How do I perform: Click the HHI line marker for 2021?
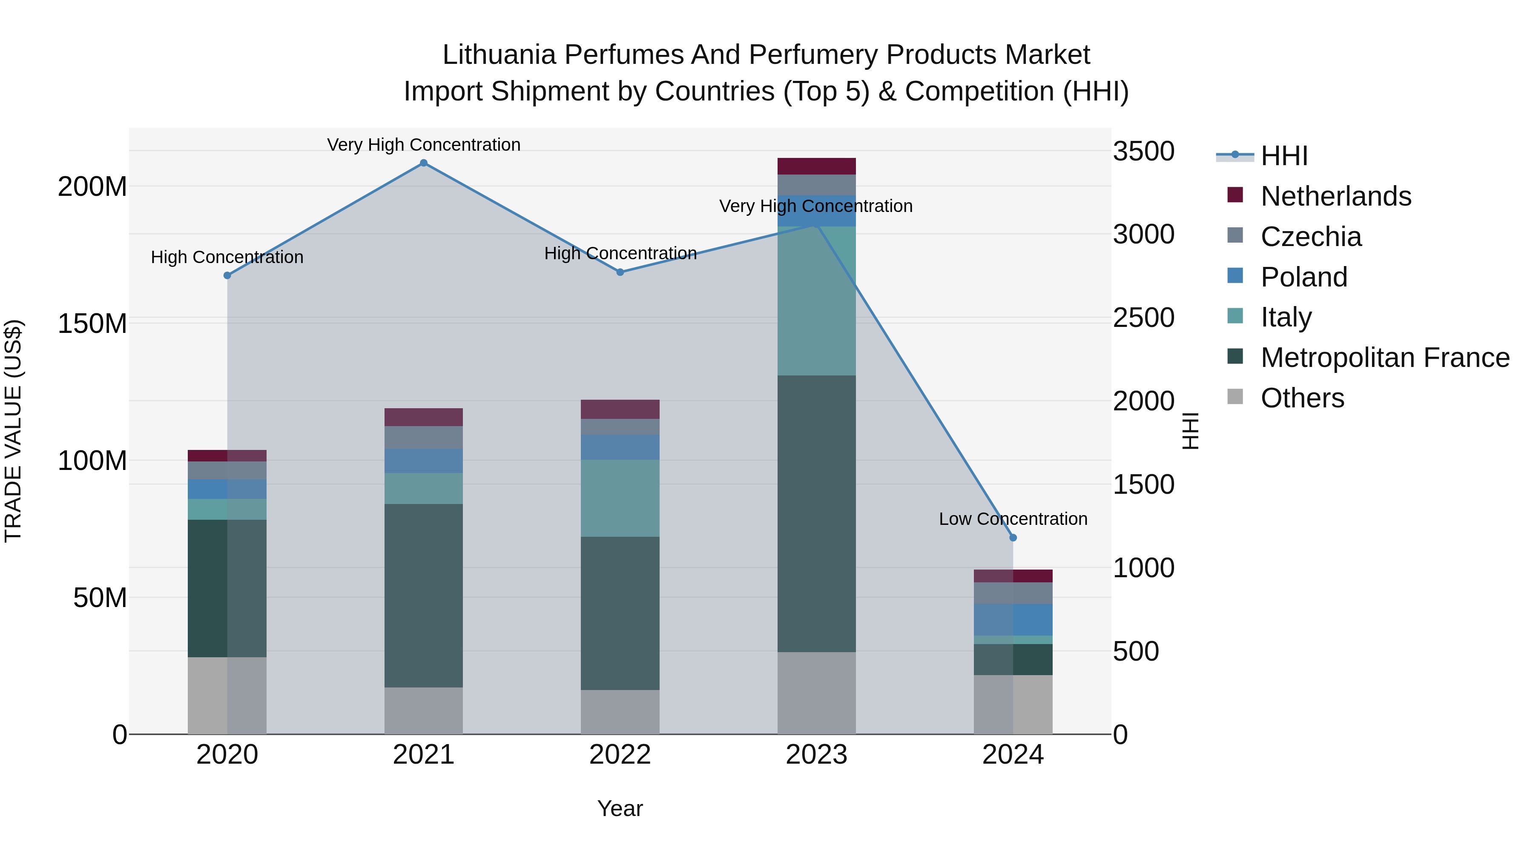coord(424,163)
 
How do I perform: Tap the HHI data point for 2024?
coord(1013,538)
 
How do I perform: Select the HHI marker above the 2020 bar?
coord(227,275)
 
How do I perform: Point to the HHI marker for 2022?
coord(620,272)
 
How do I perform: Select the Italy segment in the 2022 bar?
coord(620,498)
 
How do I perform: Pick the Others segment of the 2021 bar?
coord(424,710)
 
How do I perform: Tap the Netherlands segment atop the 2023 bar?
coord(816,166)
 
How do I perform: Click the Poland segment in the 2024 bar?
coord(1013,619)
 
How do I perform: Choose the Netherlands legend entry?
coord(1335,196)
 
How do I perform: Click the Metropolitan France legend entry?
coord(1385,358)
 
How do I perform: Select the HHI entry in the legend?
coord(1283,156)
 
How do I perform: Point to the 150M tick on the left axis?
coord(92,324)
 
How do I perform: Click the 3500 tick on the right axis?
coord(1144,151)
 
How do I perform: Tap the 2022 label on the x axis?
coord(620,755)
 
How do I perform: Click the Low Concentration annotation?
coord(1013,519)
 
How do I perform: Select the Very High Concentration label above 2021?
coord(424,145)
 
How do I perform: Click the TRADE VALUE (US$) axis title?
coord(13,431)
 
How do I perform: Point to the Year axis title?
coord(620,808)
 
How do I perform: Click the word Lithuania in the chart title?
coord(499,55)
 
